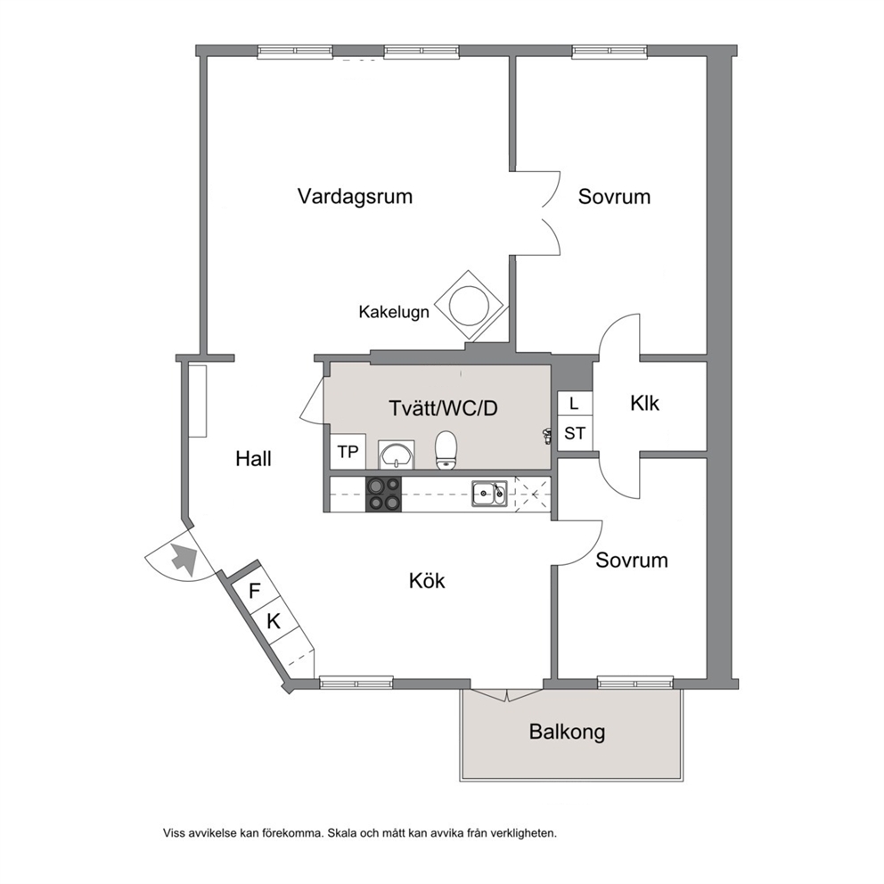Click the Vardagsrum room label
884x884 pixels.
[356, 196]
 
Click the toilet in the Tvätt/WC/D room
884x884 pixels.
[446, 450]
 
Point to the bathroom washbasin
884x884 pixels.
[397, 454]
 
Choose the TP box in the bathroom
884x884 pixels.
[348, 452]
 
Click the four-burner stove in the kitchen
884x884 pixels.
[383, 495]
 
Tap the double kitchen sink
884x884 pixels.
[489, 494]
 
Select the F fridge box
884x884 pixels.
[255, 591]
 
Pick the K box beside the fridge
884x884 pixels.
[274, 621]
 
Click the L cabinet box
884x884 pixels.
[575, 404]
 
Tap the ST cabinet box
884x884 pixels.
[575, 433]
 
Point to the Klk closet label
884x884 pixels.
[644, 403]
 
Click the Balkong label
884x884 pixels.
[567, 732]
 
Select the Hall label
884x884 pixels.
[253, 459]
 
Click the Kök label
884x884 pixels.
[427, 581]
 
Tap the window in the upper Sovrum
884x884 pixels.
[610, 52]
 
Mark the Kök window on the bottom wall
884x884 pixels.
[356, 683]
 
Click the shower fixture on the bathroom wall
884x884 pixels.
[546, 436]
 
